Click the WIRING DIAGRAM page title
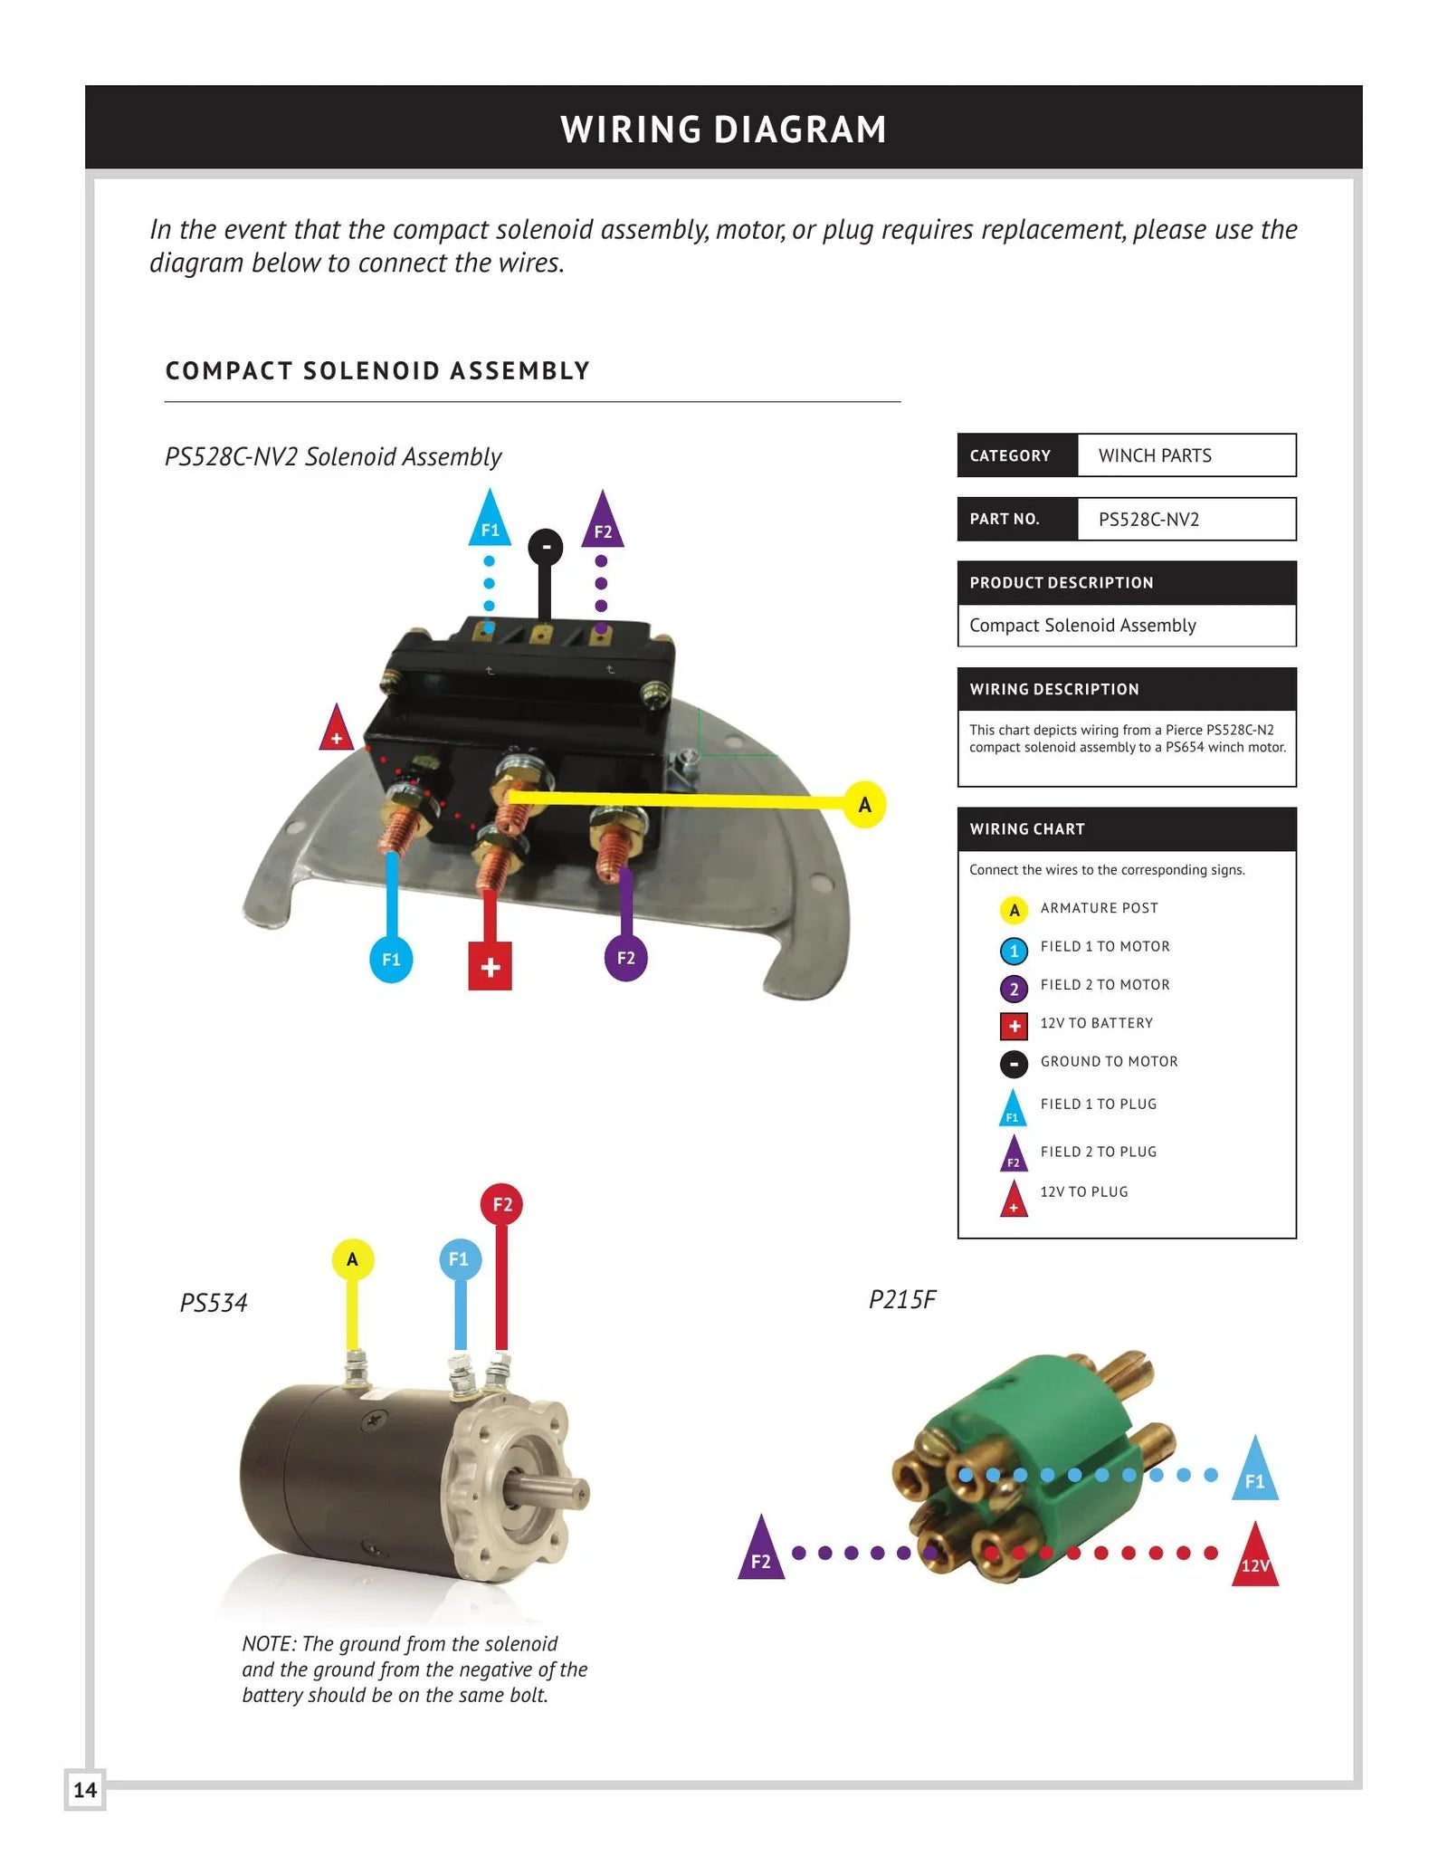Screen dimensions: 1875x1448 coord(723,129)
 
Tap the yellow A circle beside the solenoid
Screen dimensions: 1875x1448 coord(864,804)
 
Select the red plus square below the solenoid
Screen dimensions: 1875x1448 coord(490,966)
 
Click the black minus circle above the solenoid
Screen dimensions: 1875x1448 coord(546,547)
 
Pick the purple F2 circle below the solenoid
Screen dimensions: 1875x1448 coord(625,958)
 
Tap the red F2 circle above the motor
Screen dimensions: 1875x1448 coord(502,1204)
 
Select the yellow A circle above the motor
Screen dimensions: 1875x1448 coord(352,1258)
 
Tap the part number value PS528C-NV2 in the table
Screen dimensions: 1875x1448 coord(1148,519)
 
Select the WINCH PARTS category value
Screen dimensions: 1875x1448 coord(1155,455)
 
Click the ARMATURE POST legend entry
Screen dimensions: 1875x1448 coord(1099,908)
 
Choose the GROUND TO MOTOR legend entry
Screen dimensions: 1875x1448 coord(1109,1061)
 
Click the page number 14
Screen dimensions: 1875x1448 coord(85,1790)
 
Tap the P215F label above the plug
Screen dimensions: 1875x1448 coord(901,1299)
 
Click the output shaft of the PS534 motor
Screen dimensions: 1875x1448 coord(553,1489)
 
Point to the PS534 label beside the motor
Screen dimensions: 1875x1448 coord(214,1303)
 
